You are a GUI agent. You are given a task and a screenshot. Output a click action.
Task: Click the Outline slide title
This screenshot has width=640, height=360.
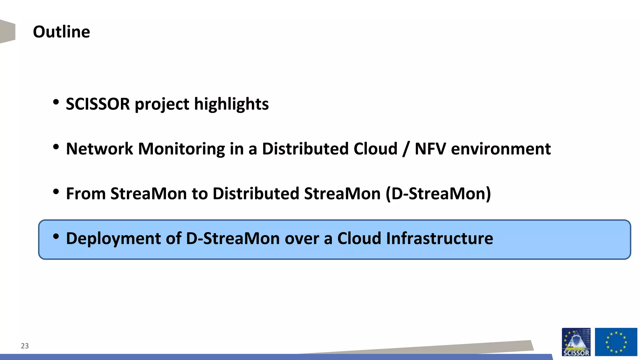[x=61, y=32]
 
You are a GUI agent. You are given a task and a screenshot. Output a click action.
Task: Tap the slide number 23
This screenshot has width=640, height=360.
[x=25, y=346]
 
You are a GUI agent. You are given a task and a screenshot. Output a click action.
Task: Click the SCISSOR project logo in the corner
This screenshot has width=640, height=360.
[x=576, y=342]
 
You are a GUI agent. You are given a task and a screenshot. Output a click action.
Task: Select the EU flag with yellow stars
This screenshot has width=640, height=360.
[x=616, y=342]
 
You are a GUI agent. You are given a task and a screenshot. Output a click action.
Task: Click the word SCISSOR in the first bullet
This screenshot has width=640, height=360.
[x=97, y=104]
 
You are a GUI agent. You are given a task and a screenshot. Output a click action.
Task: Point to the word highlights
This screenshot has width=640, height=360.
[x=231, y=104]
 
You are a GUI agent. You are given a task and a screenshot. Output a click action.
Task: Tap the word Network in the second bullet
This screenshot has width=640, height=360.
[x=99, y=149]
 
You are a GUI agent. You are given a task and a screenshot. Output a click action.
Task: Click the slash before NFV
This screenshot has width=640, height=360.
[x=406, y=149]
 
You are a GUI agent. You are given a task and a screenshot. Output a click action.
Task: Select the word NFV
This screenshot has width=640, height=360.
[x=430, y=149]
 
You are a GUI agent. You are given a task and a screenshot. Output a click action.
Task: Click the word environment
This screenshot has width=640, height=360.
[x=501, y=149]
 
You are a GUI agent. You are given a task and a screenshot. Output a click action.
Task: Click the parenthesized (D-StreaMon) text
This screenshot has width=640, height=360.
[x=438, y=193]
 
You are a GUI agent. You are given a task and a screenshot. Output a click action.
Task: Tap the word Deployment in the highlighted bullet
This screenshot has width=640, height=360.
[x=113, y=239]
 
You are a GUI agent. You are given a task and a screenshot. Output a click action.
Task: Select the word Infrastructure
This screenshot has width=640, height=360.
[x=439, y=239]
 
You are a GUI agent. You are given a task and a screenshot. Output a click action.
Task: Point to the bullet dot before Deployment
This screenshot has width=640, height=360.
[x=56, y=236]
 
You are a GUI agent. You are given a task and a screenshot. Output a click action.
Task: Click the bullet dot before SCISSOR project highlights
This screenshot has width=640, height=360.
[x=56, y=102]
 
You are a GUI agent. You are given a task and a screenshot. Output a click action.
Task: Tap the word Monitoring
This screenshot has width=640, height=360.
[x=181, y=149]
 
